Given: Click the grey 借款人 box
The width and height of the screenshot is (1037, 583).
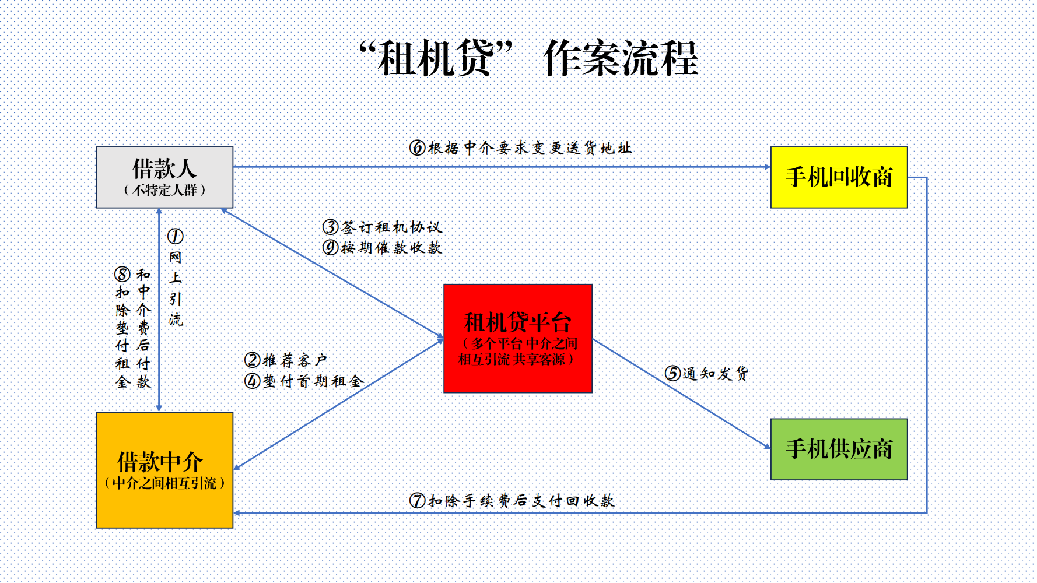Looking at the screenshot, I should coord(164,177).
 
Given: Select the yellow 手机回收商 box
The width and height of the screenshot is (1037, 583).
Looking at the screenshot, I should coord(839,177).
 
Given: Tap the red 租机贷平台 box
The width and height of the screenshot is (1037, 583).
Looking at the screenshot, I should coord(518,338).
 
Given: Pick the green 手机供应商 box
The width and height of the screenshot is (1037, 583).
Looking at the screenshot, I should coord(839,449).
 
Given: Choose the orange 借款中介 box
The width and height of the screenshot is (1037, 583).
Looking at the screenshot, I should coord(164,470).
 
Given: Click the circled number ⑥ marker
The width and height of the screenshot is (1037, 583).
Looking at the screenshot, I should coord(417,147).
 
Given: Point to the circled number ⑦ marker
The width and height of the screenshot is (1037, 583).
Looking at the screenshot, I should coord(417,500).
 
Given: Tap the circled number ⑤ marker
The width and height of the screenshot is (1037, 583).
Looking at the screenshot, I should coord(673,373).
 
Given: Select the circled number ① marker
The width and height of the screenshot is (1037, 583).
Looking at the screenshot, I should coord(175,236).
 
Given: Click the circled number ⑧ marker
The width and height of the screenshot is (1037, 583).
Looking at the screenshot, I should coord(122,274).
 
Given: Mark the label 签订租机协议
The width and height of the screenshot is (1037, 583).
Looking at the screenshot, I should coord(391,227).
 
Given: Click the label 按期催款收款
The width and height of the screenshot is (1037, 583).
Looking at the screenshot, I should coord(391,247).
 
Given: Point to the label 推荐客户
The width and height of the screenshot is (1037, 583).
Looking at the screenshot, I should coord(295,360).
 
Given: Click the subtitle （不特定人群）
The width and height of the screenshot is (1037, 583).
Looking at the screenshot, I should coord(164,190).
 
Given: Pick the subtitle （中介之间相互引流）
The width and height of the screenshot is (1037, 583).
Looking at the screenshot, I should coord(164,483).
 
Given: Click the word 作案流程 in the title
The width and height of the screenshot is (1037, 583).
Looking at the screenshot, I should coord(621,58).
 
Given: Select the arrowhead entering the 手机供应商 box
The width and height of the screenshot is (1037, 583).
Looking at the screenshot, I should coord(768,447).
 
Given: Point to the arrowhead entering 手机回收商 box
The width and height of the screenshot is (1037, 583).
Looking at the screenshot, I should coord(768,167).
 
